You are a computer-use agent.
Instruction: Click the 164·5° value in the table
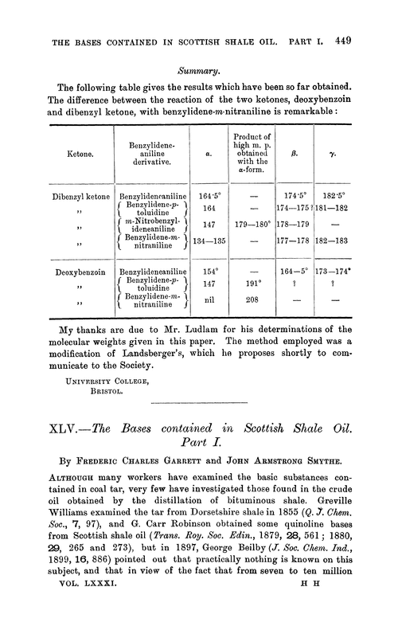coord(209,194)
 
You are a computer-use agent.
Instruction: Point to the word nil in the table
coord(209,303)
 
